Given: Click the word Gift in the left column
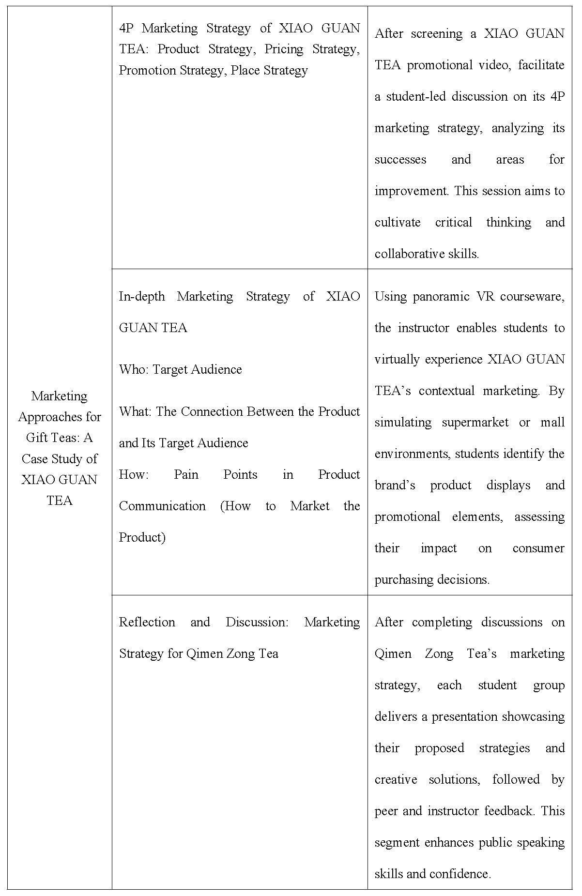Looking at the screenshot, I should (x=37, y=438).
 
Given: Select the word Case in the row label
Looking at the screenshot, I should (x=35, y=458).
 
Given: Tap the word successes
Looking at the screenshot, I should (x=400, y=159).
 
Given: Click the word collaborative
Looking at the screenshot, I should (x=405, y=254).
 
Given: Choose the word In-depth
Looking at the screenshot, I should (x=142, y=296).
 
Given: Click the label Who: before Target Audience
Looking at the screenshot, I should (x=134, y=369).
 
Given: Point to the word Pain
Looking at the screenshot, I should (x=186, y=474).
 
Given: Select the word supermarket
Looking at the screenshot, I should (x=475, y=422).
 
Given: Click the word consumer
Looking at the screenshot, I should (x=538, y=548).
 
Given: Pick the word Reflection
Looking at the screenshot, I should (x=147, y=622).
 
